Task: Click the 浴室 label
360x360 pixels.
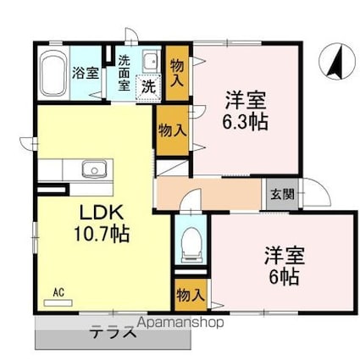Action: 86,72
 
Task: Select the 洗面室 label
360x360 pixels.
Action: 125,72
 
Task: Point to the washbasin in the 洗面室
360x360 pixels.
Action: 150,62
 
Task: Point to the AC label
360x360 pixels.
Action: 59,293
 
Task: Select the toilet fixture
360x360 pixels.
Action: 190,242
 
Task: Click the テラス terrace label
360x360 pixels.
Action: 114,332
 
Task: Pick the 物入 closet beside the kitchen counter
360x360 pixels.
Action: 169,130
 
